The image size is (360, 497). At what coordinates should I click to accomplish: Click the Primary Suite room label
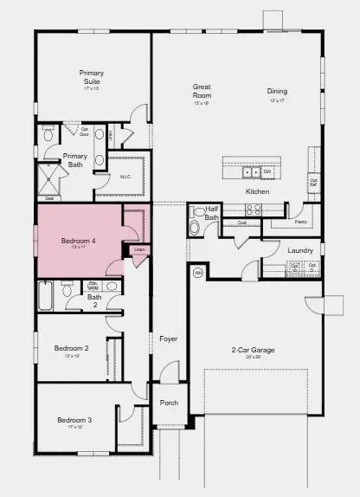(92, 77)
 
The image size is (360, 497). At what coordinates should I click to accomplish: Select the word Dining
(277, 90)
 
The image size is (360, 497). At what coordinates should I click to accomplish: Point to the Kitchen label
(258, 190)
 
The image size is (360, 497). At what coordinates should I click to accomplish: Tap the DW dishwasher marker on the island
(267, 171)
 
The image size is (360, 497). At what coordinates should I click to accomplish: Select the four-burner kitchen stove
(254, 209)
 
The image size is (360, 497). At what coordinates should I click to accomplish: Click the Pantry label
(300, 223)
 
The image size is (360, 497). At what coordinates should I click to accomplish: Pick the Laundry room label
(299, 250)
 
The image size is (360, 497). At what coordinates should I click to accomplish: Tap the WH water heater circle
(197, 273)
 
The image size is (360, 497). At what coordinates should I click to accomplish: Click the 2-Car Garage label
(252, 349)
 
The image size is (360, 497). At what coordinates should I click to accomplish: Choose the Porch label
(169, 402)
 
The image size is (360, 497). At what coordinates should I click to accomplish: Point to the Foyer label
(168, 339)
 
